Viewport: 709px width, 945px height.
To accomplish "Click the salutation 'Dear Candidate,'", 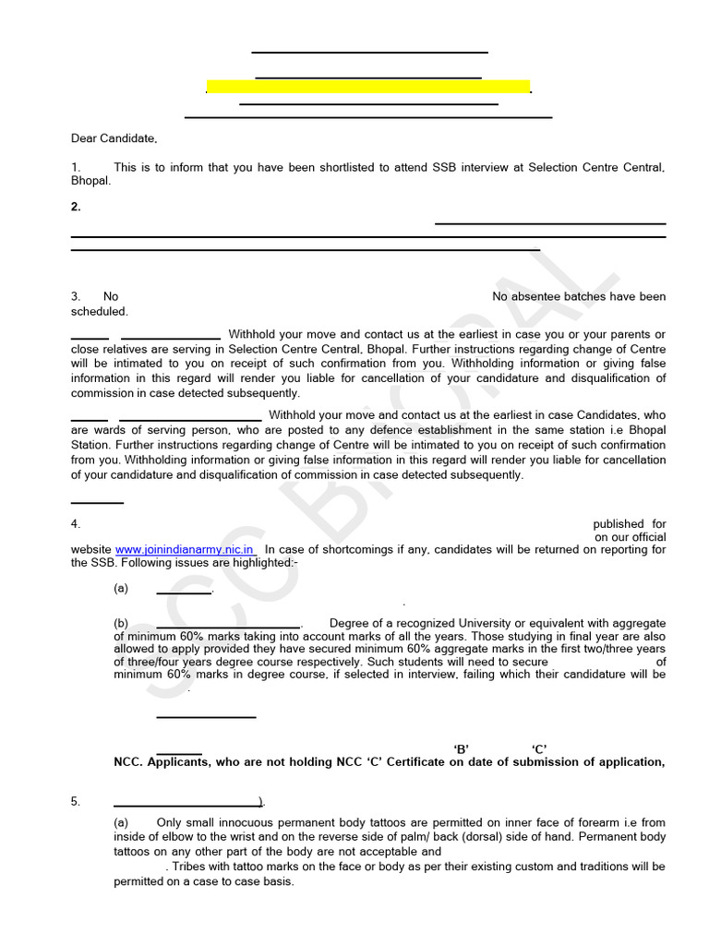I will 114,138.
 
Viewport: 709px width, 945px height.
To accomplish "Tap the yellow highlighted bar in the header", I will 367,87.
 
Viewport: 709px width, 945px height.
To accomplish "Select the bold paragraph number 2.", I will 76,207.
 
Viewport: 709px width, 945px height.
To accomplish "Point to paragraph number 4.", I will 76,523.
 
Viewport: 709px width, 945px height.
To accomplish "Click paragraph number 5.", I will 76,801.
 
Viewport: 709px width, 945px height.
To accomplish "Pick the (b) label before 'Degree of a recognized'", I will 121,623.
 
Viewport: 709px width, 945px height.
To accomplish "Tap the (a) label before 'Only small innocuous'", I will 121,822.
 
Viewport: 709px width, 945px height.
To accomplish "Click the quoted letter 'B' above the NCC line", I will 462,748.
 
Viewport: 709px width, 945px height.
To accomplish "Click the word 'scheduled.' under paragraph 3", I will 100,311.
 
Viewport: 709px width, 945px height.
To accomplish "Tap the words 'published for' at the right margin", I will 629,523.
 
